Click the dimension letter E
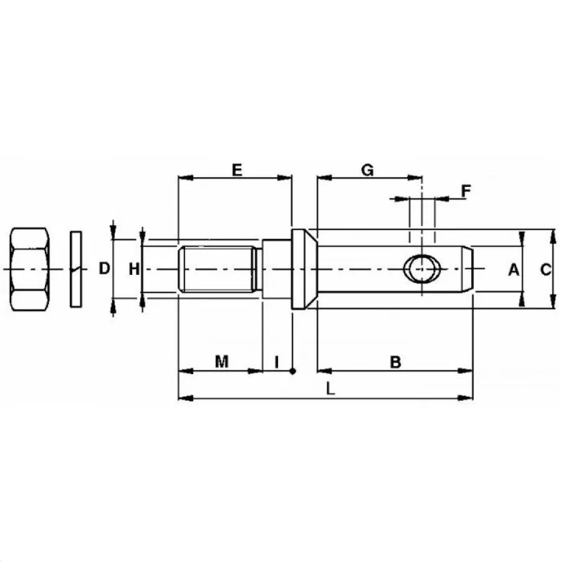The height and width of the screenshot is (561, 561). [237, 170]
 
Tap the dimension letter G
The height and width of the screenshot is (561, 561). [367, 170]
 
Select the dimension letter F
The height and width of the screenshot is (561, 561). [466, 191]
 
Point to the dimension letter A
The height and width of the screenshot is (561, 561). [514, 269]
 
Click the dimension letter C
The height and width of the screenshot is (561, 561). [545, 269]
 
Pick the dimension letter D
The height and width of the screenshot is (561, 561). [104, 268]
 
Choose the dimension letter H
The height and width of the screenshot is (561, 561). [134, 269]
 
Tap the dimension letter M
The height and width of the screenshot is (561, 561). [222, 362]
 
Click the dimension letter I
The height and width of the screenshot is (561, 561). [277, 362]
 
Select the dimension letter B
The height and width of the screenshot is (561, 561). [395, 362]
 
